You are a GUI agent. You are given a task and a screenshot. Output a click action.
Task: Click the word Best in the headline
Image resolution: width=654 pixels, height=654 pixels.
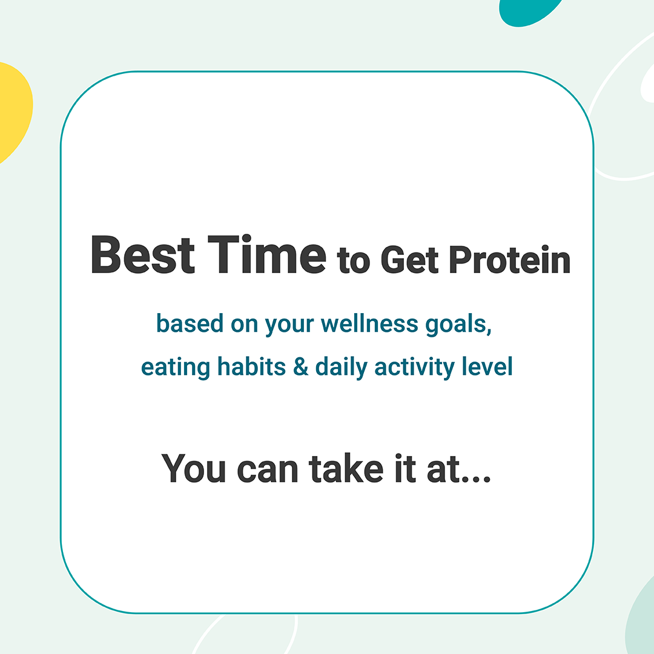click(143, 254)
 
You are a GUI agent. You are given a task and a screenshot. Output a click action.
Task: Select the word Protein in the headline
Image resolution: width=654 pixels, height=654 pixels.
click(510, 260)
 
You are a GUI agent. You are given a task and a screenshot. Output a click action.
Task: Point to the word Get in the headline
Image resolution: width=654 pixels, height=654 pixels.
click(409, 260)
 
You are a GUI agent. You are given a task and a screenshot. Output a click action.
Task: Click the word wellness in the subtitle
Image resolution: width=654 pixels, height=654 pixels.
click(369, 323)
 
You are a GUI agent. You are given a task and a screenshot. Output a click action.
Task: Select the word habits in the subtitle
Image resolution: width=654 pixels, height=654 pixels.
click(251, 366)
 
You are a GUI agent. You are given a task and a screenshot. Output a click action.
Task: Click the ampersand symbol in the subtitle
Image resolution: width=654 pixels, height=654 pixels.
click(301, 366)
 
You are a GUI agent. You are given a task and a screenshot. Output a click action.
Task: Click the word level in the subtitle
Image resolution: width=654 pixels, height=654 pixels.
click(487, 366)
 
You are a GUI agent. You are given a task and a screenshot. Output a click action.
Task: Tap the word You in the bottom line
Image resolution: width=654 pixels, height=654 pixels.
click(194, 468)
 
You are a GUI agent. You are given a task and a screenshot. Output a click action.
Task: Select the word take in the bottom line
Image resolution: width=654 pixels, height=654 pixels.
click(346, 468)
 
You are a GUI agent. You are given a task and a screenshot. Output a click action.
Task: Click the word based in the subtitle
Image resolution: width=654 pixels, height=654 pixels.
click(190, 323)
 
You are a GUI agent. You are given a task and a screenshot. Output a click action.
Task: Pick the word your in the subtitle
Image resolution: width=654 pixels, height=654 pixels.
click(289, 326)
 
